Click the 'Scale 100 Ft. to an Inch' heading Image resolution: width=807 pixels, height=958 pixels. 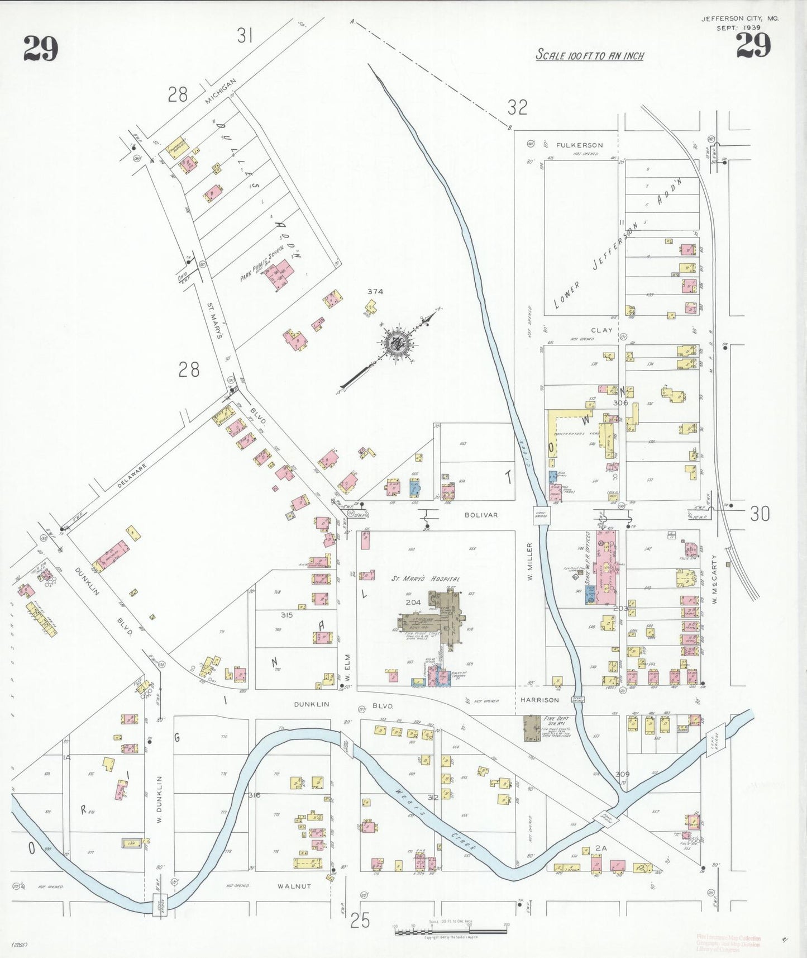(590, 55)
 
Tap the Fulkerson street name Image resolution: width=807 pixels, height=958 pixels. (579, 145)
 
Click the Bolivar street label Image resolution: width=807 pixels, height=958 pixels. (481, 515)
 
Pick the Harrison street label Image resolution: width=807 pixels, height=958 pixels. (539, 700)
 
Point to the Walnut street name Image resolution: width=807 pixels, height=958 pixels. (294, 886)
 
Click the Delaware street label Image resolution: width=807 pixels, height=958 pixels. (132, 476)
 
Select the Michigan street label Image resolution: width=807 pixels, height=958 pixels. (220, 91)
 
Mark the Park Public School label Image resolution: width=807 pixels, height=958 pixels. (262, 263)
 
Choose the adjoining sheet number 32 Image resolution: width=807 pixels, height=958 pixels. (518, 107)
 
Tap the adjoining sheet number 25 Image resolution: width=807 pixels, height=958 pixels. (360, 920)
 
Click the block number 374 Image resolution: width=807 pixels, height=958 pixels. (375, 291)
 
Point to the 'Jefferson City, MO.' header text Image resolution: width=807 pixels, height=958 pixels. (739, 18)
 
